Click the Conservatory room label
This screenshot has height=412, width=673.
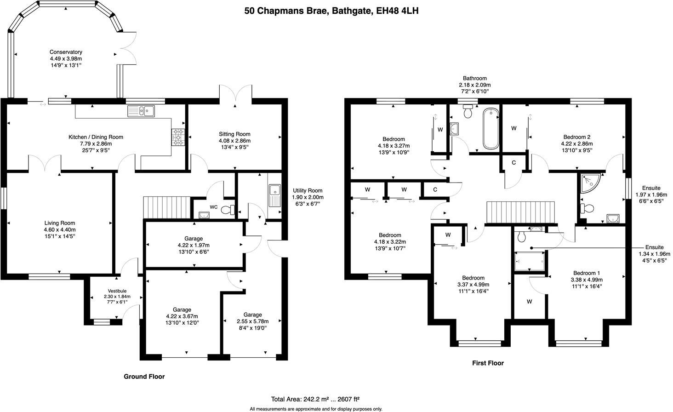(66, 52)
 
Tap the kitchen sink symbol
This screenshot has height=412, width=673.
(142, 111)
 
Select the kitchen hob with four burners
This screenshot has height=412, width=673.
(178, 137)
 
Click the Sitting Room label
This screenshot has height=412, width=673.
(234, 134)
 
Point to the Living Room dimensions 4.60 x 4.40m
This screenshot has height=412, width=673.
(59, 230)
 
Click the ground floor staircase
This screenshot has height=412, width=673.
(167, 207)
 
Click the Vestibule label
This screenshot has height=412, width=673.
(117, 291)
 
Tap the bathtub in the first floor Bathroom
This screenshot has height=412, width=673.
(490, 128)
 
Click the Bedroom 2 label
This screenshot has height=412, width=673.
(576, 137)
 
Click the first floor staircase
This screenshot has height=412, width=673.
(521, 212)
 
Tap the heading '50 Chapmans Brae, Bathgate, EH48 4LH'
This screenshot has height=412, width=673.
(331, 11)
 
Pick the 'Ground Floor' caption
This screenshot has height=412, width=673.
(144, 376)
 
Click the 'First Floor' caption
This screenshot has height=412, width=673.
(488, 363)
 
